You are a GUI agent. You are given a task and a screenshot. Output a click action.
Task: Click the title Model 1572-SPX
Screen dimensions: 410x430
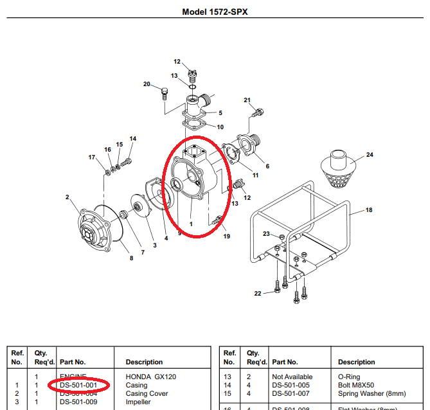[215, 12]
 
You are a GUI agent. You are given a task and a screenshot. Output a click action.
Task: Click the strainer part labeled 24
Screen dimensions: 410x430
[338, 170]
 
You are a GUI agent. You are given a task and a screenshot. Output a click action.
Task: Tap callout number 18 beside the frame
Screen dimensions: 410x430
[369, 210]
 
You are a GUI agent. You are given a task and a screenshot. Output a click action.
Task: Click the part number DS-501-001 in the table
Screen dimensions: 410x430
[78, 385]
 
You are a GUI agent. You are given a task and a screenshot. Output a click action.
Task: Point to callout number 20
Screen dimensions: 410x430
[147, 84]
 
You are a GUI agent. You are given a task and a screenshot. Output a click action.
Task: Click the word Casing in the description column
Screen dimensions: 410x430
[137, 385]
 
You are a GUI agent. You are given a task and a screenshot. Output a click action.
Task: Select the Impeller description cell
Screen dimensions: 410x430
[138, 402]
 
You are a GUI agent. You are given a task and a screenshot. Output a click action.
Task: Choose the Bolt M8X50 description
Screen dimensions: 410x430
[355, 385]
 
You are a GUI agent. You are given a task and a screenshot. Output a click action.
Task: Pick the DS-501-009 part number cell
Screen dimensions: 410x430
[78, 402]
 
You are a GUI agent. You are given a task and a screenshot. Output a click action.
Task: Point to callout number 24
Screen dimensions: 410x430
[370, 155]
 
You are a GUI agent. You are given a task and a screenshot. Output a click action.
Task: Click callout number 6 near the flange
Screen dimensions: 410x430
[267, 166]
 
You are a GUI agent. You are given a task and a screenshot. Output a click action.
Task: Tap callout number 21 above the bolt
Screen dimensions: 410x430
[247, 100]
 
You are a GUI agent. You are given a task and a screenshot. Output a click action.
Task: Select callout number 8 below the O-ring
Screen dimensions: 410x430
[132, 258]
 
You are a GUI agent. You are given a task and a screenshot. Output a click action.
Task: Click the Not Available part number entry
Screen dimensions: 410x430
[292, 377]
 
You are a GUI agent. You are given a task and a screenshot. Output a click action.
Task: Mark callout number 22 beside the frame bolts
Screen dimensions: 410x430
[258, 293]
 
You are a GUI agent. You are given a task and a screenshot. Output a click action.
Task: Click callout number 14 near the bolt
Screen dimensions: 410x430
[133, 138]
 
